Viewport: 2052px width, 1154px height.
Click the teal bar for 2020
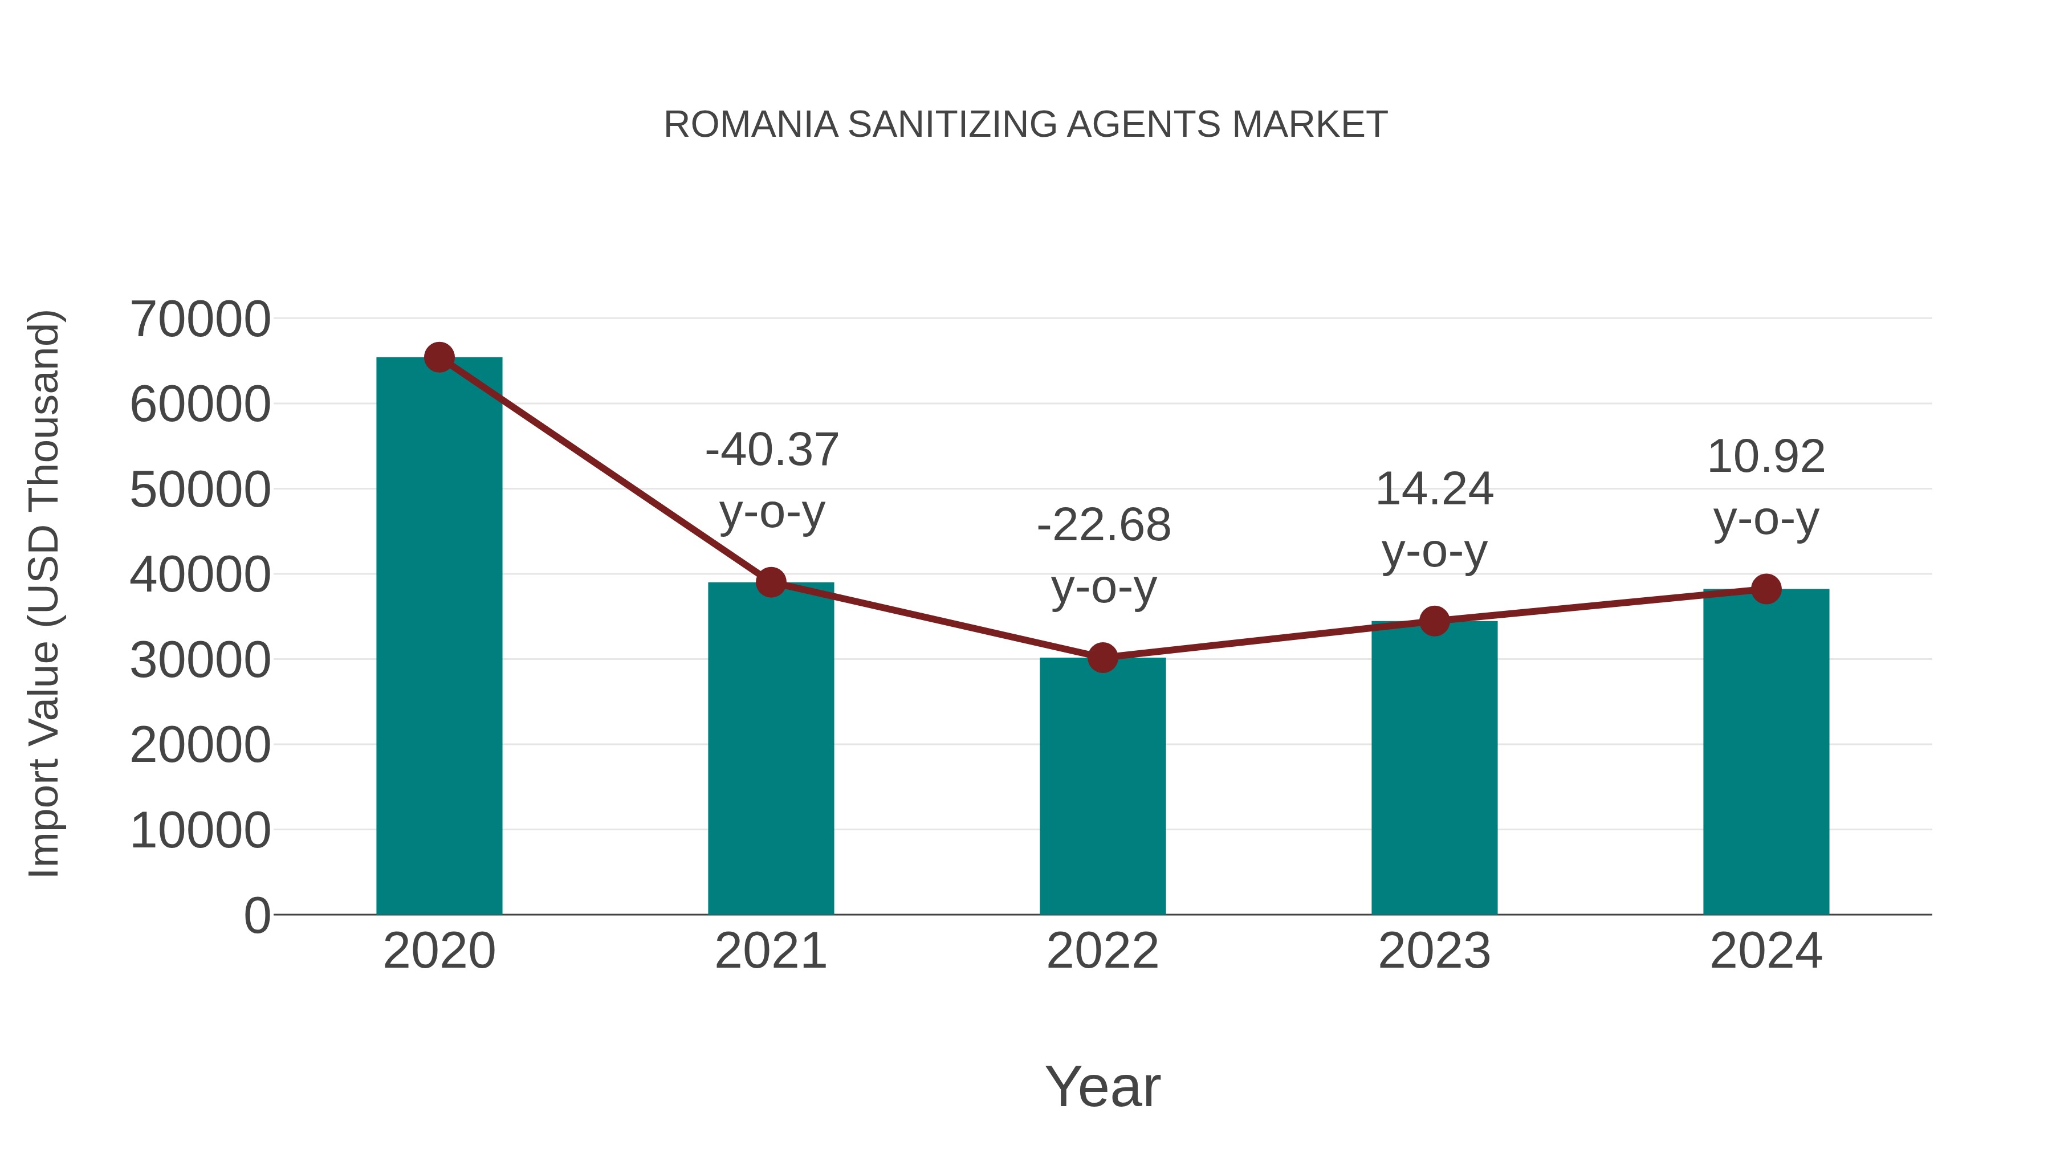tap(439, 637)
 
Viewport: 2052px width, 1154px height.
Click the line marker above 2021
tap(771, 582)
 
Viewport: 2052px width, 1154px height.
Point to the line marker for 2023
tap(1435, 621)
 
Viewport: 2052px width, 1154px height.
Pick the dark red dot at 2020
tap(439, 357)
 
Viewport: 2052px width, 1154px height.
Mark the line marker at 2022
tap(1102, 658)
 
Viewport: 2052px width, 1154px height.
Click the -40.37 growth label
tap(772, 450)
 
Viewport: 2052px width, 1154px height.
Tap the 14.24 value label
tap(1435, 489)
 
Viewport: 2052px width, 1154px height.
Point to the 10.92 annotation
tap(1766, 457)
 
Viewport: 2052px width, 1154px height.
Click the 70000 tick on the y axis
tap(200, 319)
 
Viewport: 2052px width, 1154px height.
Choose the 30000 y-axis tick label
tap(200, 660)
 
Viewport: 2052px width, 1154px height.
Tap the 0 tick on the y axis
tap(257, 916)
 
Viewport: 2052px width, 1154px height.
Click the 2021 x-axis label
tap(771, 951)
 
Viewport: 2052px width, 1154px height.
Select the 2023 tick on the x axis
tap(1435, 951)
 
